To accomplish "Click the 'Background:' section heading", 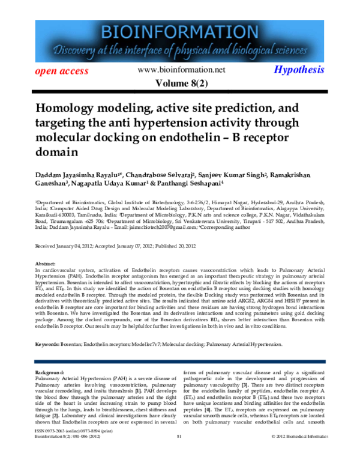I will pos(50,373).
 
